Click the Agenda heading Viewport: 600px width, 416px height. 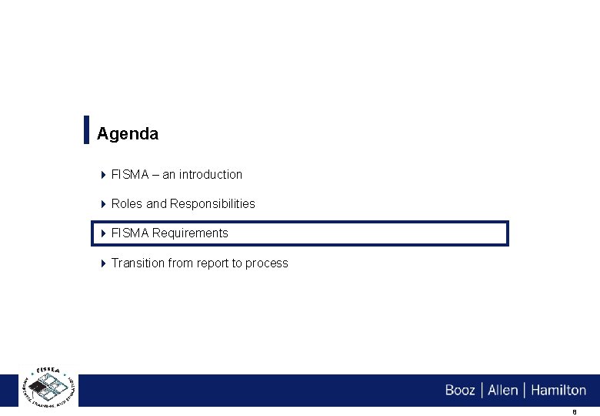click(128, 134)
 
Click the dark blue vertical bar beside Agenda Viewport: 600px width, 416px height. click(86, 129)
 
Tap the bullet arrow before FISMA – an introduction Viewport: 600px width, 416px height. click(103, 175)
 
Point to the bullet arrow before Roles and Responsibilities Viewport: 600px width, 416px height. click(103, 204)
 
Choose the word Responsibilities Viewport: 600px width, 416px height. click(212, 204)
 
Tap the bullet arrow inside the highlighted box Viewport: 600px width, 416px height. click(103, 233)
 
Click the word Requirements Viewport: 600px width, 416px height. click(190, 233)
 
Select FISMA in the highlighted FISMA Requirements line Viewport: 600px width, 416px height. click(130, 233)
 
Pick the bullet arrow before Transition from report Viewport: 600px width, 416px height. click(103, 263)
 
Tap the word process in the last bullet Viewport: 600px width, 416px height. click(266, 263)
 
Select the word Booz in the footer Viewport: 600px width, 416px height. click(460, 391)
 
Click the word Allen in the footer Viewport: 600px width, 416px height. click(503, 391)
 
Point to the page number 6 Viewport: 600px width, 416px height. click(575, 412)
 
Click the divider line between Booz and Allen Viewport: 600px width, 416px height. click(482, 391)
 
